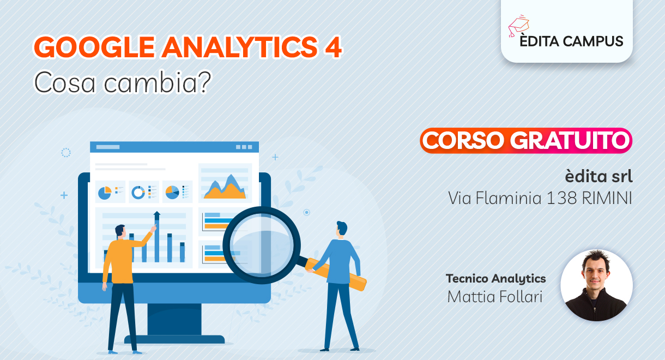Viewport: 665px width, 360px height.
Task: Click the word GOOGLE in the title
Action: click(94, 47)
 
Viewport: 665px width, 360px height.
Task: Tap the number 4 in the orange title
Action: click(333, 47)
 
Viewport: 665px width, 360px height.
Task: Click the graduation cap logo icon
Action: click(518, 26)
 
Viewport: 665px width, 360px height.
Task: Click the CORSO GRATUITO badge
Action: click(526, 141)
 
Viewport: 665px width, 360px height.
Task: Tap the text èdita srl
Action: click(598, 176)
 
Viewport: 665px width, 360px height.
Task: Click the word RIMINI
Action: click(607, 198)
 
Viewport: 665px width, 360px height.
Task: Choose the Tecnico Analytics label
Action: click(496, 279)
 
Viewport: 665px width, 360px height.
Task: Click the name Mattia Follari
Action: click(495, 296)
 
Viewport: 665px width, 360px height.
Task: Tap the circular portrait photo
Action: click(596, 285)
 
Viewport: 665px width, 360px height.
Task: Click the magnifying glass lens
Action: click(261, 245)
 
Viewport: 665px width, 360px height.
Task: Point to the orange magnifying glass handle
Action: click(336, 274)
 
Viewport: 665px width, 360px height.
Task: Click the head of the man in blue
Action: click(342, 229)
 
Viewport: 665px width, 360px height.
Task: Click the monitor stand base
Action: click(174, 339)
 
